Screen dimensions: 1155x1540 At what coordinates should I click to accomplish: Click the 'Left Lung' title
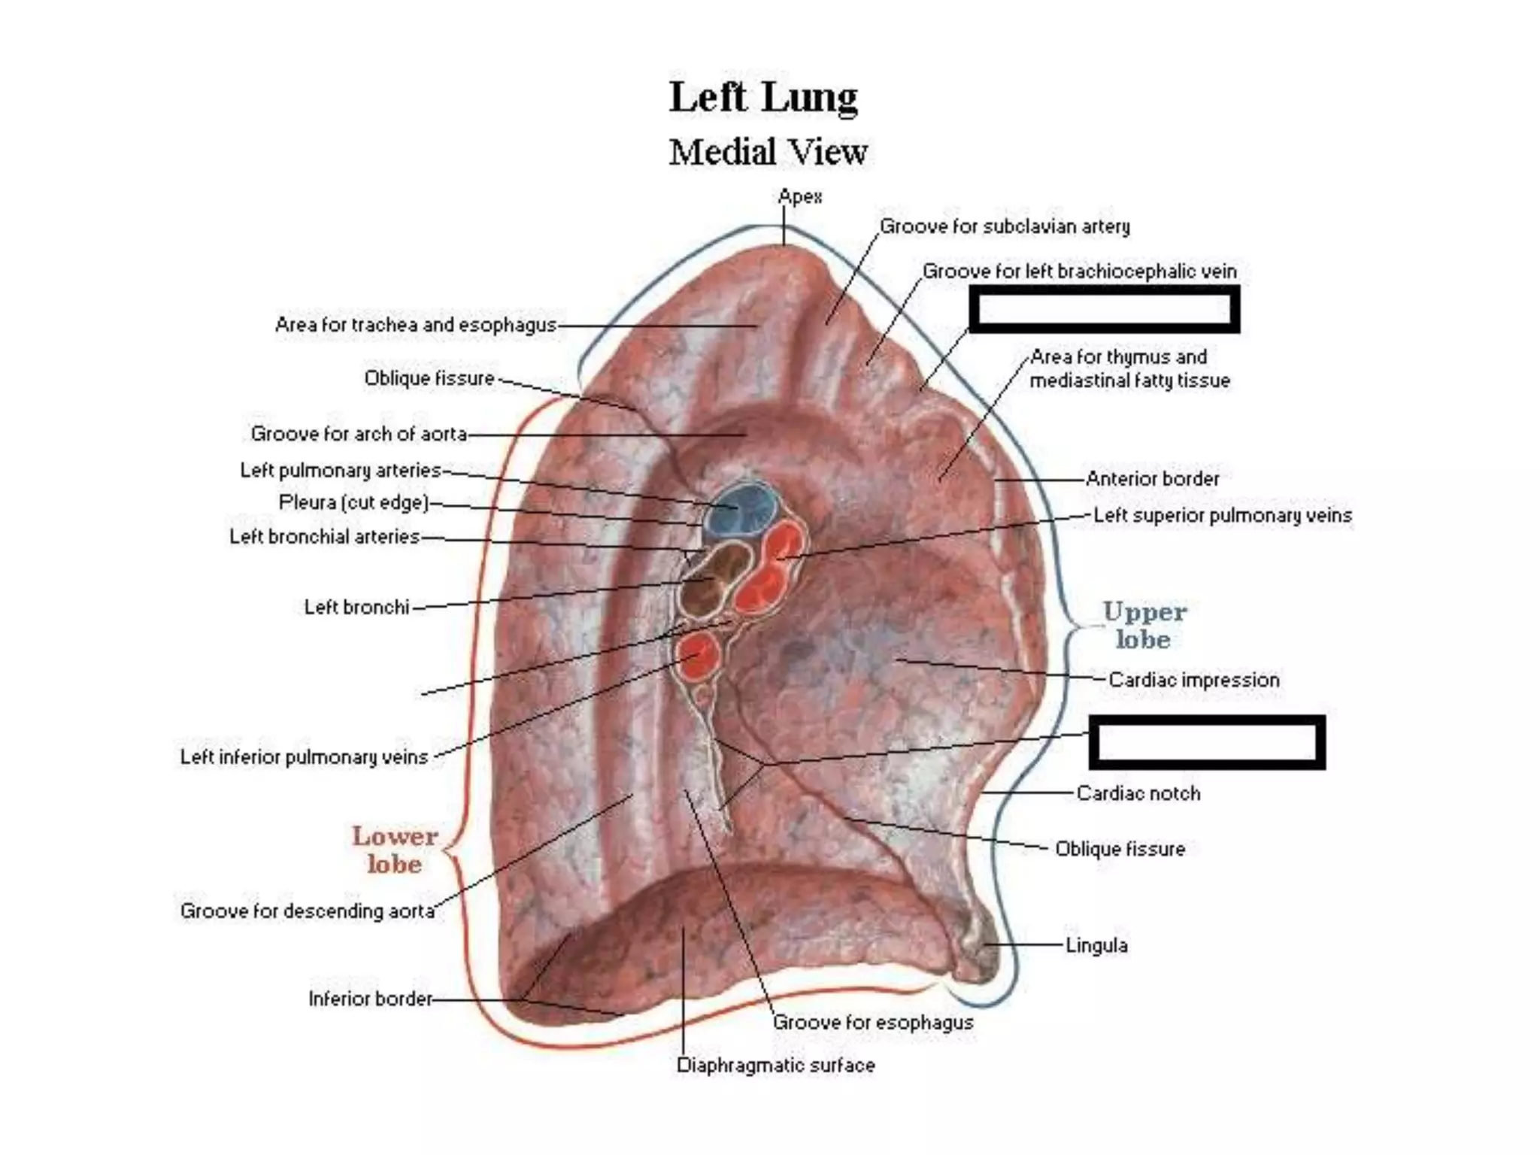(x=763, y=98)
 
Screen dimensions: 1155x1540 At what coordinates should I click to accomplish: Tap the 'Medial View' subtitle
(x=768, y=152)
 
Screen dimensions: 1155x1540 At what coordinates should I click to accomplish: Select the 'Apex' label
(x=800, y=197)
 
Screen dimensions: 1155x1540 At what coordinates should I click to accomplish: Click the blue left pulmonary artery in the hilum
(x=740, y=507)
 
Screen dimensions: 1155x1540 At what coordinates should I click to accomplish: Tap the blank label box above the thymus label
(x=1104, y=309)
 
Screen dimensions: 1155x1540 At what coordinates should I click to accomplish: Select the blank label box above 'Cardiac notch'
(x=1207, y=742)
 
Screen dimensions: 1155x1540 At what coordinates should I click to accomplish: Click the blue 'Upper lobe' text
(x=1144, y=626)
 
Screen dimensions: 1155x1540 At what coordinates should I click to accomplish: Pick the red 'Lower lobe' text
(x=395, y=850)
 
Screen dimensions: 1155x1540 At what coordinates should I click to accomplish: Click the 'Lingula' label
(x=1096, y=945)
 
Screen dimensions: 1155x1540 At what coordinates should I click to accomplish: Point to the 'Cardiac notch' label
(x=1138, y=793)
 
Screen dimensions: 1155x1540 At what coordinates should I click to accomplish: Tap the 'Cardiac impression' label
(x=1193, y=680)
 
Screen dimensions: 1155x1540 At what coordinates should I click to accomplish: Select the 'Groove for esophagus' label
(x=873, y=1023)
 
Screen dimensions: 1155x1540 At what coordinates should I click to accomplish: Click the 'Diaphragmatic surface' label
(x=775, y=1066)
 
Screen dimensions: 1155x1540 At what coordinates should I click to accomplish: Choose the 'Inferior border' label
(x=370, y=999)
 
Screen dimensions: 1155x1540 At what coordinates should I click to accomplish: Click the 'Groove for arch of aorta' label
(x=359, y=434)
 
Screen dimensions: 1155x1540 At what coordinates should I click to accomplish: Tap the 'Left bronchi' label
(x=356, y=607)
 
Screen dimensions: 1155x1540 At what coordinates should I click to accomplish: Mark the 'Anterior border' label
(x=1152, y=478)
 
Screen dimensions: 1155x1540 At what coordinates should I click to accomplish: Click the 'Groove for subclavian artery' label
(x=1005, y=226)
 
